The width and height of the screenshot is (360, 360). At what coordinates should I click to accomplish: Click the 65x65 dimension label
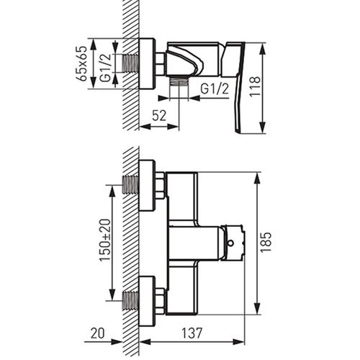[81, 63]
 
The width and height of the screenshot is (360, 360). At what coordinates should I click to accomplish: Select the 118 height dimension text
[255, 86]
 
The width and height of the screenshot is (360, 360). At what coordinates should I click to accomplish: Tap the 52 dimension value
[159, 116]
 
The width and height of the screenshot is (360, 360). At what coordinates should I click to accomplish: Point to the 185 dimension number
[266, 242]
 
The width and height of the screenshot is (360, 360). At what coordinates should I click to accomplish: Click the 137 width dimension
[192, 333]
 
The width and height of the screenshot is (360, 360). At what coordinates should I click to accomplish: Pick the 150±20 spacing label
[105, 240]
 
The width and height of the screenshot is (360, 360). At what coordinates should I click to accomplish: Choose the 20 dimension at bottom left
[98, 333]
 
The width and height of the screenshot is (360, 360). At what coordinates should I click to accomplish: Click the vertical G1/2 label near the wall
[106, 68]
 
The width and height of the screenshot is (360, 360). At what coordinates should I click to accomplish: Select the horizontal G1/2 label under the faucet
[215, 89]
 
